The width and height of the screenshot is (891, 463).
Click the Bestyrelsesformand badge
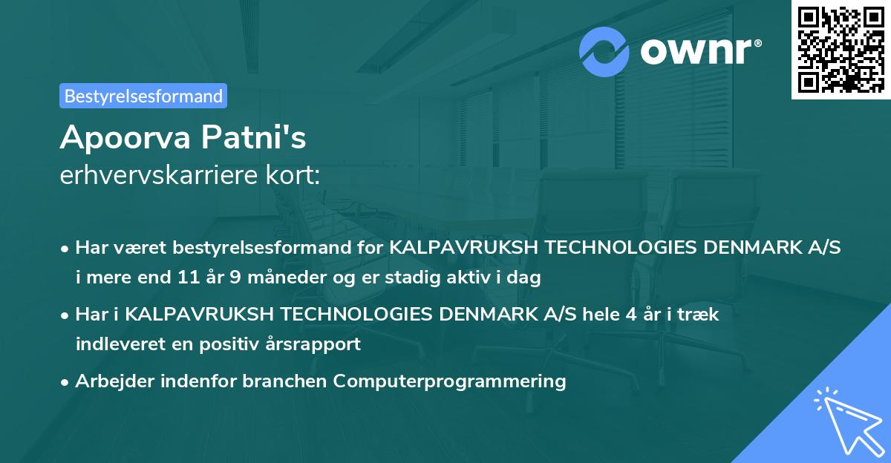click(143, 96)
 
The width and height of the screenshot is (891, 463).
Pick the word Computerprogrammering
click(449, 381)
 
